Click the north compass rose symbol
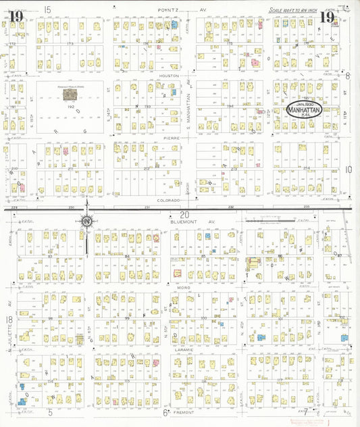tap(87, 220)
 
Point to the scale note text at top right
tap(292, 10)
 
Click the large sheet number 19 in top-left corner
tap(16, 16)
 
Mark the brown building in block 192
tap(69, 96)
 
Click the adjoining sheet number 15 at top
tap(47, 9)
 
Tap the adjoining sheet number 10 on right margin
tap(349, 170)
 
